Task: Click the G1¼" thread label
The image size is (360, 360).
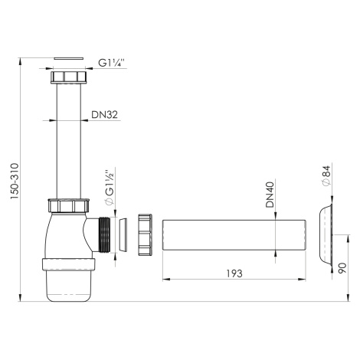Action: pyautogui.click(x=111, y=63)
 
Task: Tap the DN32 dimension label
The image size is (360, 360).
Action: pyautogui.click(x=105, y=115)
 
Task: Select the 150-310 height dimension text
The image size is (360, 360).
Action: pyautogui.click(x=15, y=182)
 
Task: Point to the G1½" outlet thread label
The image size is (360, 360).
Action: pyautogui.click(x=110, y=187)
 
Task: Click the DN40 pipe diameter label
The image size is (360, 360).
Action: pyautogui.click(x=270, y=195)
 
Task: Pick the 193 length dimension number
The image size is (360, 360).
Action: pyautogui.click(x=234, y=273)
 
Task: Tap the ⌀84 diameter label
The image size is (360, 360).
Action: pyautogui.click(x=326, y=176)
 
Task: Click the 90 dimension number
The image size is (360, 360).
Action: pyautogui.click(x=342, y=267)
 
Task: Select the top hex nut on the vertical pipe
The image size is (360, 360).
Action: pyautogui.click(x=69, y=77)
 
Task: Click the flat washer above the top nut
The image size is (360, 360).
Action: pyautogui.click(x=69, y=58)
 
